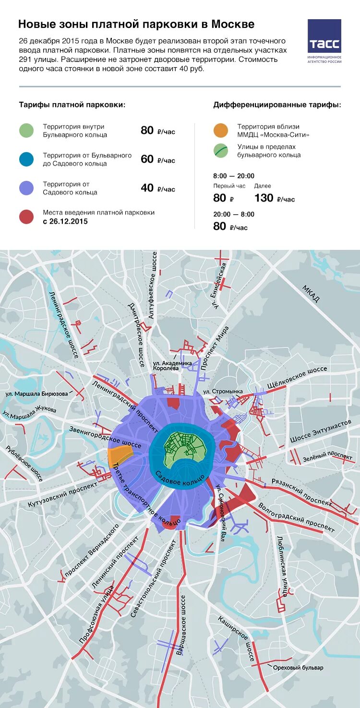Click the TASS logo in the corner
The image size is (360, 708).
(x=324, y=36)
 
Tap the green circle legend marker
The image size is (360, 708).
(x=26, y=131)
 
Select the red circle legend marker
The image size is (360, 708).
(x=26, y=217)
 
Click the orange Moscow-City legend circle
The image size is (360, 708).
(x=220, y=131)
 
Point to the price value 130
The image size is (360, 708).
(x=264, y=198)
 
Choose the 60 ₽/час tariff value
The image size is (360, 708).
(x=157, y=159)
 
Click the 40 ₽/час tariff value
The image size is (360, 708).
(x=157, y=188)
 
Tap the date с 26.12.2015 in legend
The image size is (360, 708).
(x=65, y=222)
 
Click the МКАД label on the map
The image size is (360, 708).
(x=311, y=294)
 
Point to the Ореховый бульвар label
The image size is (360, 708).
(x=298, y=668)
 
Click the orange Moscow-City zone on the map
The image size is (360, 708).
(x=121, y=455)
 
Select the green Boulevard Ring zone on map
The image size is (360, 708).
(x=182, y=449)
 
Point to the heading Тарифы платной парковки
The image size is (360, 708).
(x=72, y=105)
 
